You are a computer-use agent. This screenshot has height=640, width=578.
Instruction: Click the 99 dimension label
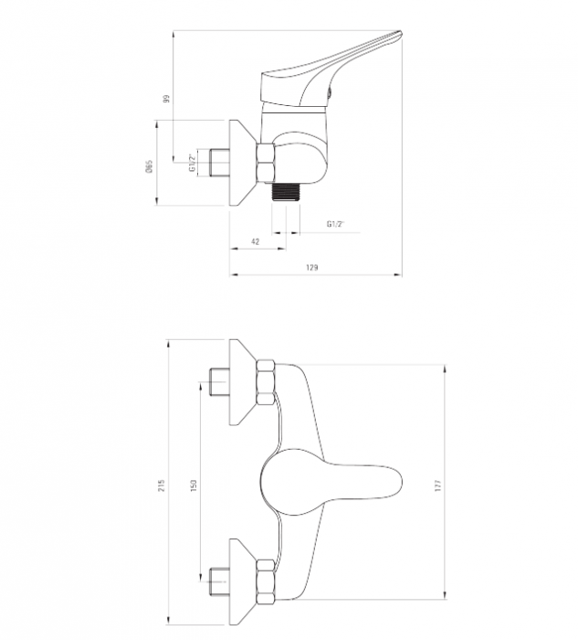click(x=166, y=99)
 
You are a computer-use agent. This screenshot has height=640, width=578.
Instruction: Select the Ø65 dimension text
click(x=150, y=166)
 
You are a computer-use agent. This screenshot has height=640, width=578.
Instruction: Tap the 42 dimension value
click(x=255, y=241)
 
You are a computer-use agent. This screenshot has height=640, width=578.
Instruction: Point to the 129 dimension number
click(x=311, y=268)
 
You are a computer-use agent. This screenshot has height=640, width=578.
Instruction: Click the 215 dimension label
click(x=162, y=485)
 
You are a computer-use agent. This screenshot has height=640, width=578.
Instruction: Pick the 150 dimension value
click(x=194, y=485)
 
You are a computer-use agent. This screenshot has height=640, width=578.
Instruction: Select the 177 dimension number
click(x=438, y=485)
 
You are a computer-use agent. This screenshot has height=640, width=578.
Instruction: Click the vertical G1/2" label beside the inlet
click(x=193, y=163)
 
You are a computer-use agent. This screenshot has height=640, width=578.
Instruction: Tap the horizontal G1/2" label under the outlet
click(x=336, y=224)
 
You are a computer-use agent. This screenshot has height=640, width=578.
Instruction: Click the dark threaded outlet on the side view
click(x=286, y=191)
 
